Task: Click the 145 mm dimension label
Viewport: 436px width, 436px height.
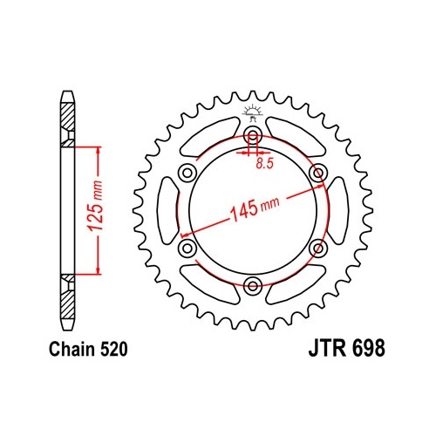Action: click(x=255, y=208)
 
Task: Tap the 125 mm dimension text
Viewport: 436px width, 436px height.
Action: click(x=96, y=206)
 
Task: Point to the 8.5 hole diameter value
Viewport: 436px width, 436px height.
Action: click(x=265, y=164)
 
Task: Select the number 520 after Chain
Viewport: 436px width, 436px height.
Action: click(x=114, y=349)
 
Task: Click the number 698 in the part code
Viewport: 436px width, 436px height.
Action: click(x=369, y=348)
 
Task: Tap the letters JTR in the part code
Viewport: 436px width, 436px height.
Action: click(x=327, y=348)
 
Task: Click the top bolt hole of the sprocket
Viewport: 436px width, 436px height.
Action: click(x=253, y=135)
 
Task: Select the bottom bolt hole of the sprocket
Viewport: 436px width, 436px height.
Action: click(x=253, y=286)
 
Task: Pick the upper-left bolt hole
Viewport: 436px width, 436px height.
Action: click(x=187, y=174)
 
